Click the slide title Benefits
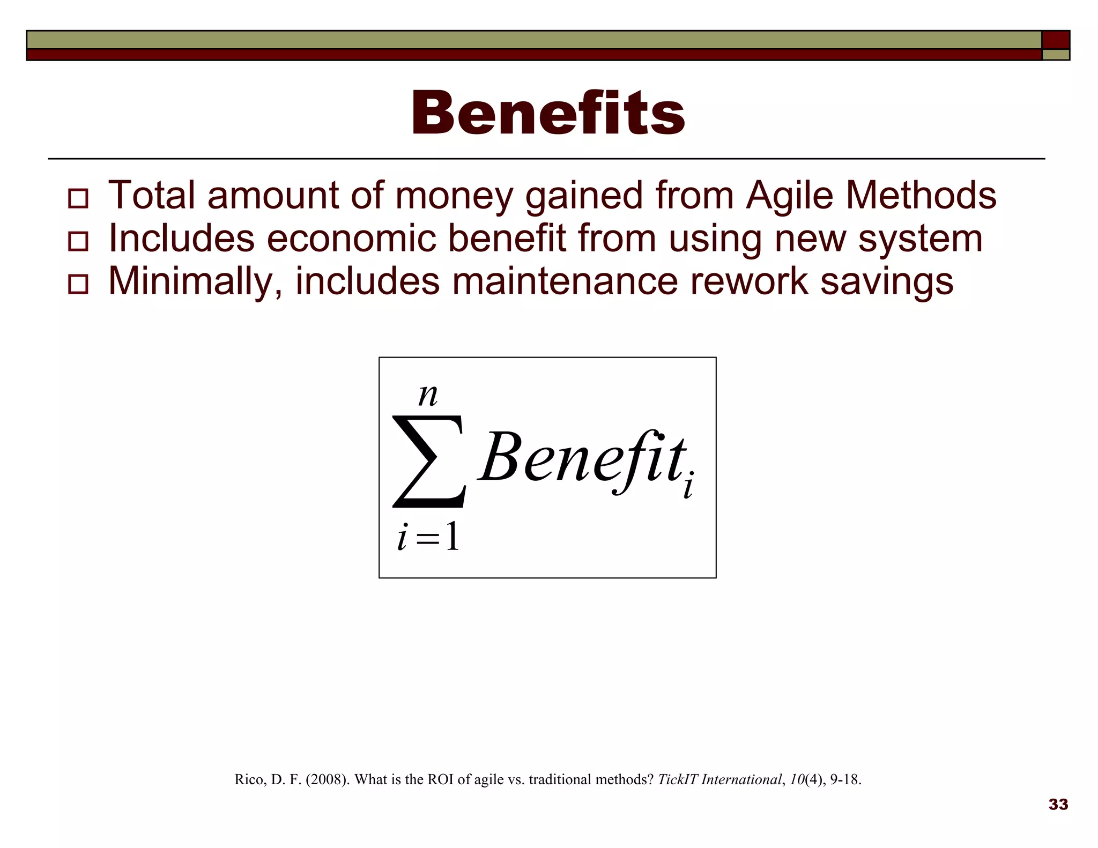[548, 114]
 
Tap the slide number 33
[1058, 804]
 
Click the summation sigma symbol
[428, 462]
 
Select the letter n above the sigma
[428, 396]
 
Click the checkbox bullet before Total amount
[78, 198]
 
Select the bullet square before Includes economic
[78, 241]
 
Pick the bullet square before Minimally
[78, 284]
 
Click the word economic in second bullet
[351, 239]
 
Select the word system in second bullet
[920, 239]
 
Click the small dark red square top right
[1056, 40]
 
